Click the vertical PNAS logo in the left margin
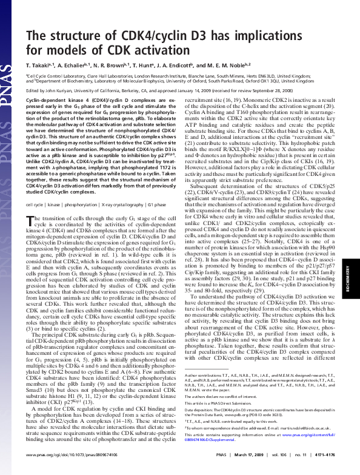click(x=8, y=36)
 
